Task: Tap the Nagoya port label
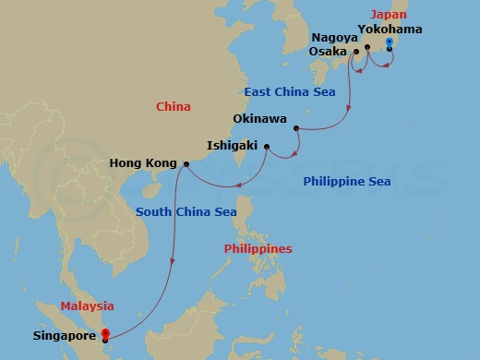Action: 333,37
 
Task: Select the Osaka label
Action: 329,52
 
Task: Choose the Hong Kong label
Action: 143,164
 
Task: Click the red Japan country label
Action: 388,15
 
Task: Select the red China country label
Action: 173,107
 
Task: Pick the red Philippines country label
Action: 258,249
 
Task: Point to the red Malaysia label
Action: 88,306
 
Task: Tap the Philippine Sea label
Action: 346,182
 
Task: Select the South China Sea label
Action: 186,211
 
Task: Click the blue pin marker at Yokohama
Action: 390,43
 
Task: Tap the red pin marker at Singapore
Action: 105,334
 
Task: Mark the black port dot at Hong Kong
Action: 186,164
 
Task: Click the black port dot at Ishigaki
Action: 267,147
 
